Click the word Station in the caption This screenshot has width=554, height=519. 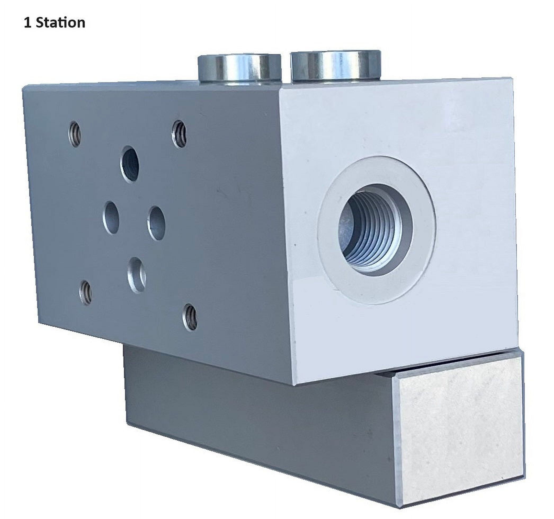point(61,23)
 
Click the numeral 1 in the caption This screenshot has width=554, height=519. point(27,23)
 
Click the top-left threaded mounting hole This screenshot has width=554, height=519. point(75,134)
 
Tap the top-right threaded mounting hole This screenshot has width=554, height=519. point(180,134)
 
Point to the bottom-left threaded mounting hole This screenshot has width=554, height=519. point(86,293)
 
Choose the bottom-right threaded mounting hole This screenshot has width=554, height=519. point(190,317)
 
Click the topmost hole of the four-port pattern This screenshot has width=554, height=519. point(130,164)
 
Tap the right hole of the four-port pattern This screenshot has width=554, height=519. point(156,223)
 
